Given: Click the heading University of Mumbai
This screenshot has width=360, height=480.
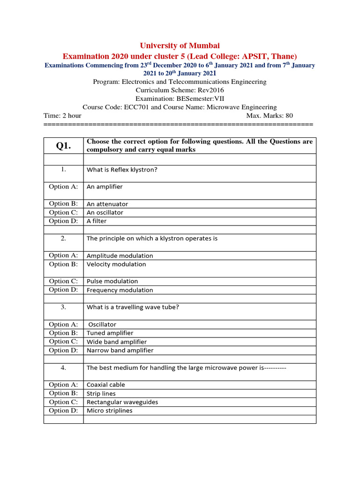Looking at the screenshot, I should point(180,45).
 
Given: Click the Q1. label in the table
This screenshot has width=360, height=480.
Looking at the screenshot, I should point(63,146).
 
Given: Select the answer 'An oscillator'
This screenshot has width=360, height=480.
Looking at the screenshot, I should point(105,212).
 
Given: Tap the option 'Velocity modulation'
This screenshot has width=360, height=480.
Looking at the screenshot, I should point(116,264).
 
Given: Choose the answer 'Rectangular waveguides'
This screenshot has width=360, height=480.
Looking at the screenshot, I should point(122,402).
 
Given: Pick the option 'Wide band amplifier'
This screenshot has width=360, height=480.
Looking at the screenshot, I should point(117,342).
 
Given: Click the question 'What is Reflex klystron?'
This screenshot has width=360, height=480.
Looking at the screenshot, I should point(122,170).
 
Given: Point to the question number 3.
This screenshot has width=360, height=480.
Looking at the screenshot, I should point(63,307).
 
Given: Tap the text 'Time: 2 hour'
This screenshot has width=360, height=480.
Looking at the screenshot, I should point(62,116).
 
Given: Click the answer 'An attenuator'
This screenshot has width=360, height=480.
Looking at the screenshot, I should point(107,204).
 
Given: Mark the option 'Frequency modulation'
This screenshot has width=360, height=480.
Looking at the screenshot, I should point(120,290).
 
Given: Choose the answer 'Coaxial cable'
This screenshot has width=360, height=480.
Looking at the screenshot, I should point(106,385).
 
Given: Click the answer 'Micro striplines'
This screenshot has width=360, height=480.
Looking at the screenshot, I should point(110,411).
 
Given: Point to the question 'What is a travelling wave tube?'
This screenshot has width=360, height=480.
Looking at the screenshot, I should point(133,307).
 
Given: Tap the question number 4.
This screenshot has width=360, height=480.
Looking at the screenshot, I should point(63,367).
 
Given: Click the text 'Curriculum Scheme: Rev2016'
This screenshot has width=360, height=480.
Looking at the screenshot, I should point(180,90).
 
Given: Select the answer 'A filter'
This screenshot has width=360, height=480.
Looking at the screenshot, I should point(97,221).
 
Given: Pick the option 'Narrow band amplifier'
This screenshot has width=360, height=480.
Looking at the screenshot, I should point(120,350).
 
